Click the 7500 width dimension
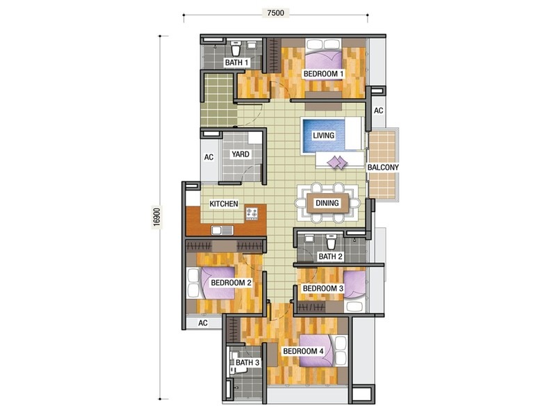pyautogui.click(x=277, y=13)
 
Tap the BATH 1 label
pyautogui.click(x=236, y=63)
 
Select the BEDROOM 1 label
pyautogui.click(x=324, y=74)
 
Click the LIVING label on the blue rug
pyautogui.click(x=324, y=135)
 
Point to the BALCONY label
pyautogui.click(x=384, y=167)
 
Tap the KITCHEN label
pyautogui.click(x=224, y=204)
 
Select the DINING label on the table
pyautogui.click(x=327, y=204)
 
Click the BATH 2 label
pyautogui.click(x=330, y=256)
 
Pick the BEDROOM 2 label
pyautogui.click(x=231, y=283)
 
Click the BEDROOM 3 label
pyautogui.click(x=323, y=288)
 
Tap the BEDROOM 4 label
pyautogui.click(x=303, y=352)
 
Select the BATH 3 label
pyautogui.click(x=247, y=363)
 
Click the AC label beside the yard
pyautogui.click(x=208, y=157)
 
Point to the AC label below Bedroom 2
pyautogui.click(x=203, y=323)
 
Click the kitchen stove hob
pyautogui.click(x=251, y=212)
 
